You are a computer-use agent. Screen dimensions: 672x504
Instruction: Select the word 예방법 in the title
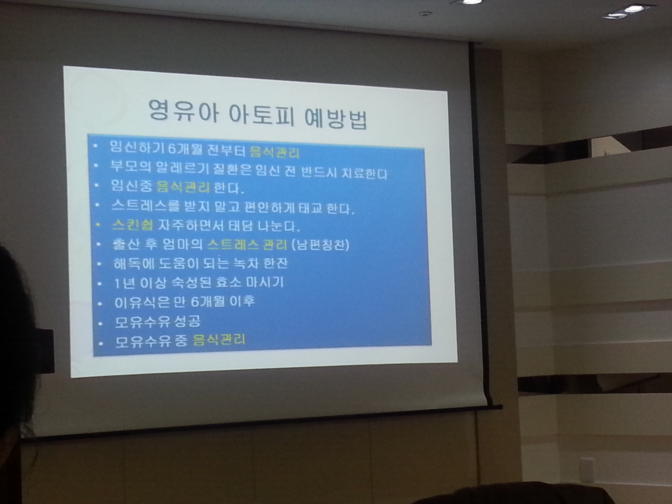click(336, 118)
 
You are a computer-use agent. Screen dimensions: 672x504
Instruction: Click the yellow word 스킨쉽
click(132, 225)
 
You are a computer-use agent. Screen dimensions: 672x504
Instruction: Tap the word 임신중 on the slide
click(131, 186)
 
